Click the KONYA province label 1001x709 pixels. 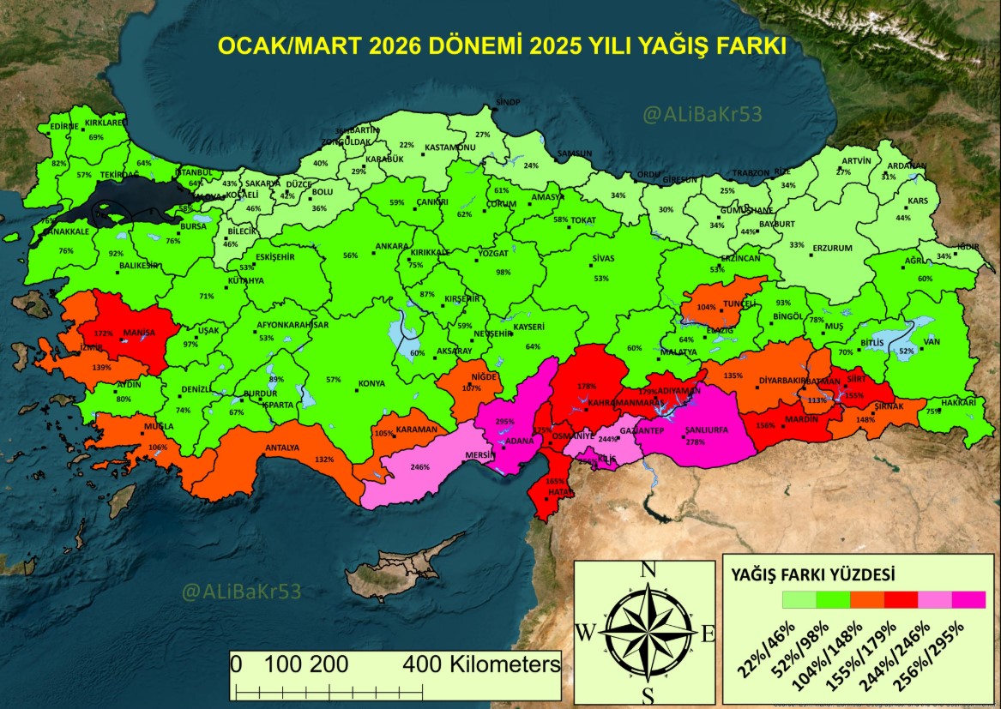pyautogui.click(x=371, y=383)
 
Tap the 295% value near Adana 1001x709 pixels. pyautogui.click(x=505, y=422)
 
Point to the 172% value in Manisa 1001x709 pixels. pyautogui.click(x=103, y=333)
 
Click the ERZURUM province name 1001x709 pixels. pyautogui.click(x=832, y=248)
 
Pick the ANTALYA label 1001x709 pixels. pyautogui.click(x=282, y=448)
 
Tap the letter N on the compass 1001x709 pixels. pyautogui.click(x=648, y=570)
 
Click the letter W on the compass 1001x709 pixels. pyautogui.click(x=585, y=633)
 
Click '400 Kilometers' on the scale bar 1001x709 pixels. pyautogui.click(x=481, y=664)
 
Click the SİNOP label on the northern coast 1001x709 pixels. pyautogui.click(x=508, y=102)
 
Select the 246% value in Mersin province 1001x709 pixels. pyautogui.click(x=419, y=467)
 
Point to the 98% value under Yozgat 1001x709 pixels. pyautogui.click(x=503, y=272)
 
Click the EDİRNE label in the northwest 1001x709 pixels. pyautogui.click(x=63, y=126)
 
